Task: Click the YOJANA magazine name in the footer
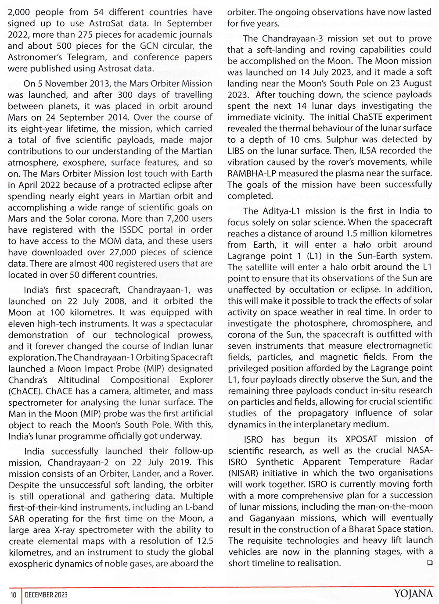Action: tap(413, 594)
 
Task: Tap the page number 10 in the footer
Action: tap(14, 595)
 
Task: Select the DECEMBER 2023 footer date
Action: tap(46, 595)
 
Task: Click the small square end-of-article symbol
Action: tap(429, 563)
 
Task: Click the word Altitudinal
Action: tap(79, 380)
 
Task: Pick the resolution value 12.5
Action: tap(203, 541)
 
